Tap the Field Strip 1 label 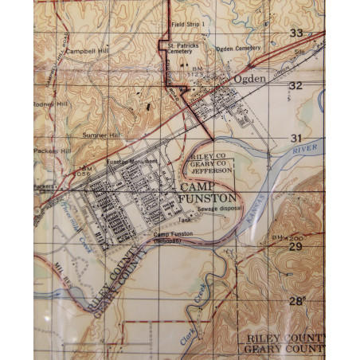[189, 25]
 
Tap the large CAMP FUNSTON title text [203, 192]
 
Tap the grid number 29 [295, 248]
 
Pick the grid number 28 [296, 301]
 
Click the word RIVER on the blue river [304, 148]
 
